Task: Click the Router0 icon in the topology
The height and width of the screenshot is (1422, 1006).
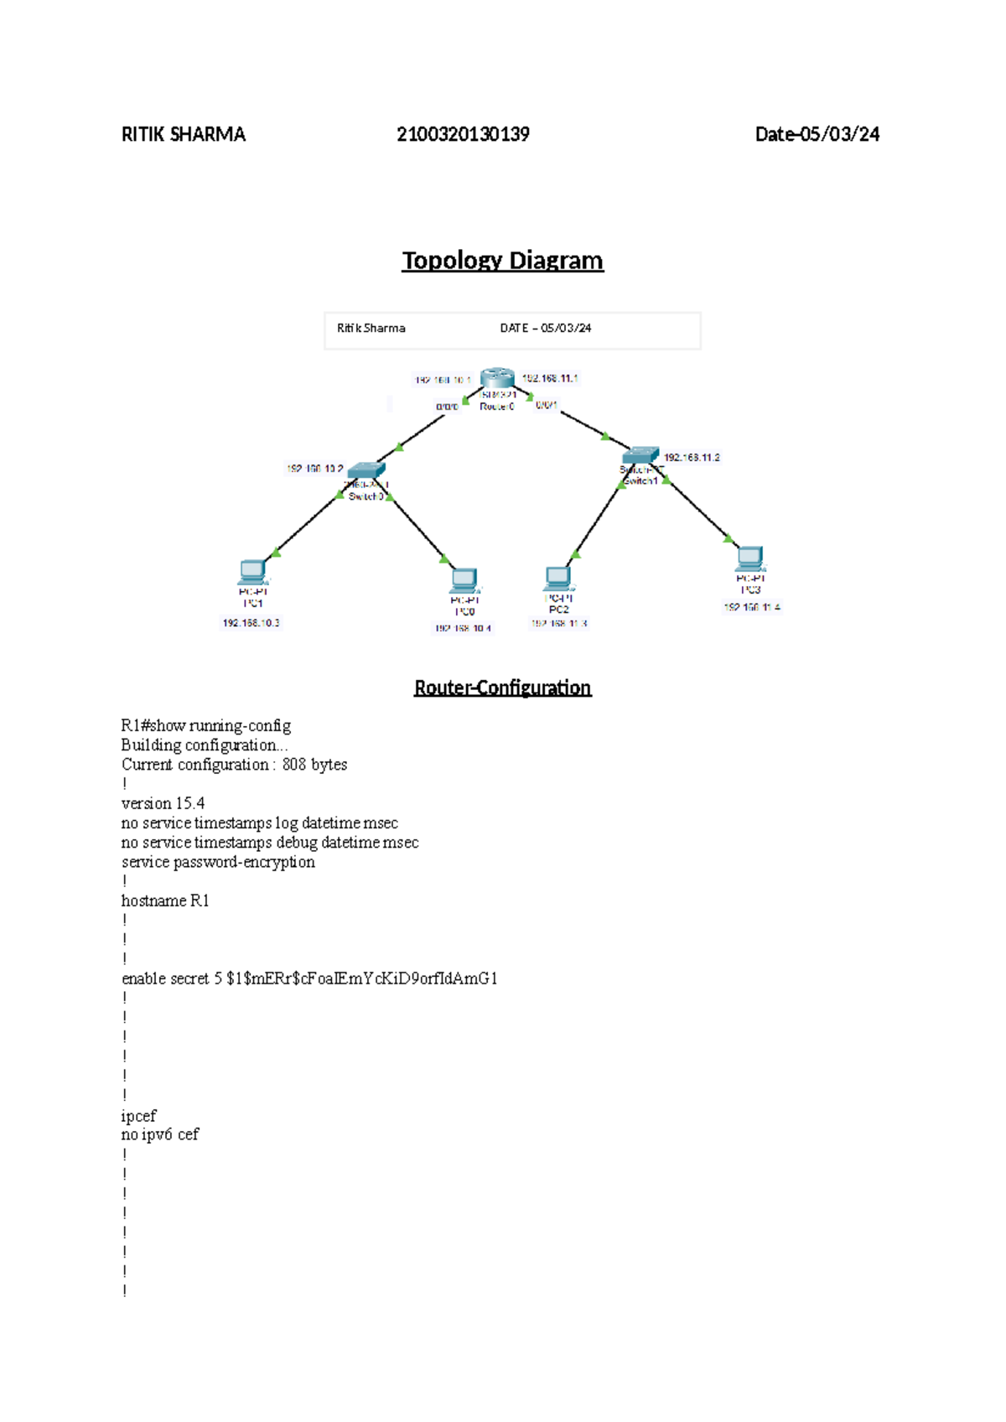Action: [x=497, y=378]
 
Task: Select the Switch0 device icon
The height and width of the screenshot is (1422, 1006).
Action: [x=366, y=470]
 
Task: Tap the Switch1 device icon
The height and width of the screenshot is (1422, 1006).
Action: [x=641, y=455]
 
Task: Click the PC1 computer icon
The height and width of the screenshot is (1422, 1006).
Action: [x=252, y=572]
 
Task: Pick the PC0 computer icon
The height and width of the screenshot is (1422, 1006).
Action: [x=464, y=580]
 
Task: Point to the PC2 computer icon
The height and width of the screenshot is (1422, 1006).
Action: [x=558, y=579]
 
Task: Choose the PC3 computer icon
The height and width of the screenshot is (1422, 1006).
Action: [x=750, y=558]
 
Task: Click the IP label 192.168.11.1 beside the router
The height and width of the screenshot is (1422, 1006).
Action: [x=550, y=378]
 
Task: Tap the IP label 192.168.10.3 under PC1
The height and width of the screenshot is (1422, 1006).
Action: [x=251, y=623]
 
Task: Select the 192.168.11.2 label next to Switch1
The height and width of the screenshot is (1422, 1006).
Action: [x=692, y=458]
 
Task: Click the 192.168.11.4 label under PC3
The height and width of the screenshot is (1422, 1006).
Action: [x=752, y=607]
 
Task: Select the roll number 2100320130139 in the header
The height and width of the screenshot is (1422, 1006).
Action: [x=463, y=134]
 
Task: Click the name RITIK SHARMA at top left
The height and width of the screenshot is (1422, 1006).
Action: [x=184, y=134]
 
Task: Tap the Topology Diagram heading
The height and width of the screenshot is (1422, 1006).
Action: [x=502, y=261]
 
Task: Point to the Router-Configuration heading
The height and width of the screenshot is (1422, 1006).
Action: [x=502, y=688]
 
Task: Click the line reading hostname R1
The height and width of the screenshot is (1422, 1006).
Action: [x=165, y=900]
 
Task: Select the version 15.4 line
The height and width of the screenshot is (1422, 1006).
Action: [x=163, y=803]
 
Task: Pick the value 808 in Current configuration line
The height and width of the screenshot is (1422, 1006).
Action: [x=294, y=765]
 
